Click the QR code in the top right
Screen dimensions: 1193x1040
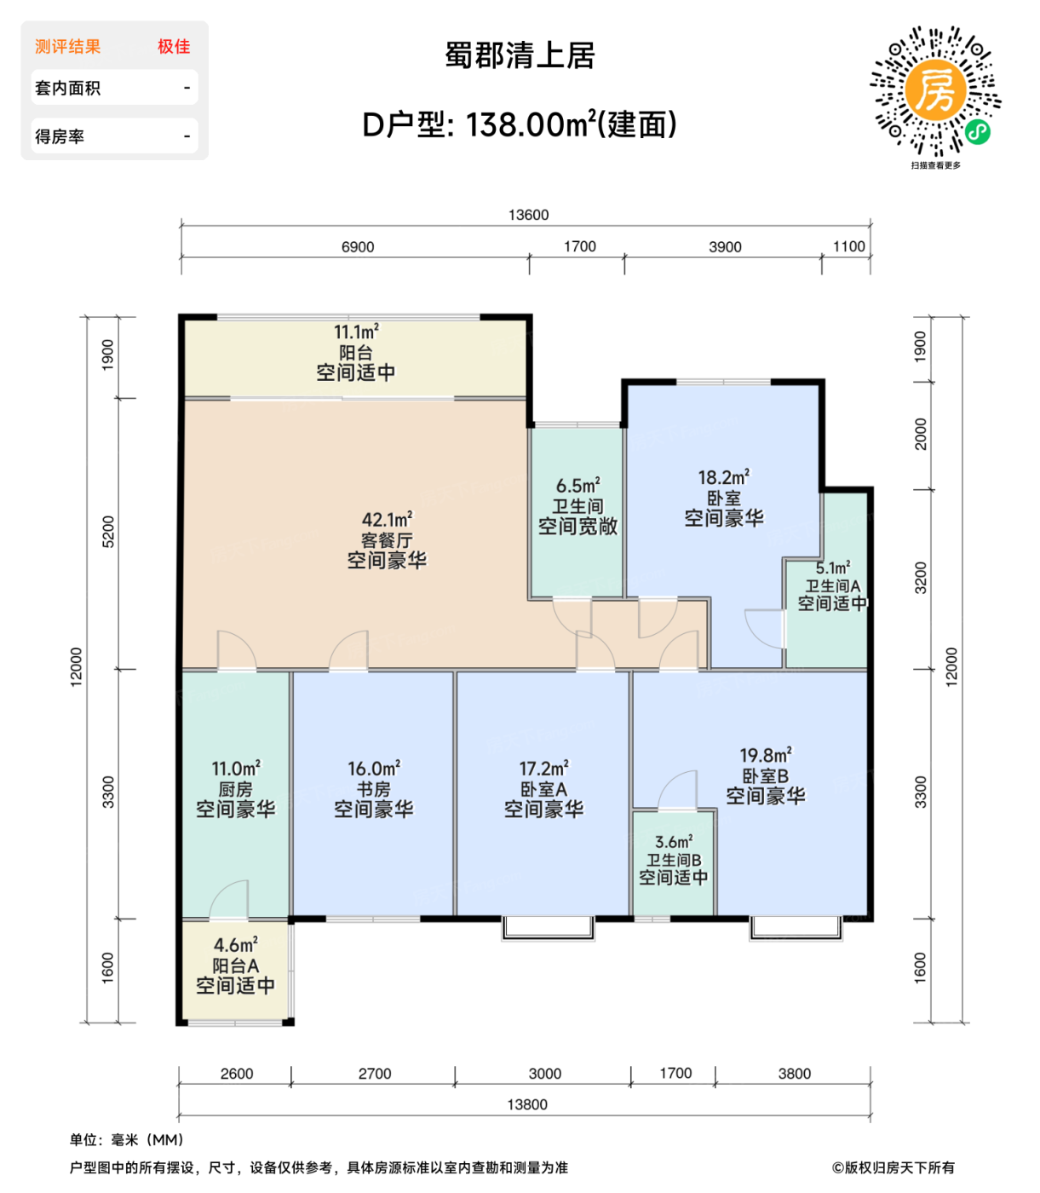click(935, 90)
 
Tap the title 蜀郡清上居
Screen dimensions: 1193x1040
click(520, 56)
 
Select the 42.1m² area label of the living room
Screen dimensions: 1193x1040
click(387, 519)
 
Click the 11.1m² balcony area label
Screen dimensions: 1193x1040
click(356, 332)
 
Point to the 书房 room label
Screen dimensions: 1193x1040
click(373, 789)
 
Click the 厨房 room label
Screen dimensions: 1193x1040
click(236, 789)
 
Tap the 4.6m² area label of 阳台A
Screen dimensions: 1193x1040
click(236, 945)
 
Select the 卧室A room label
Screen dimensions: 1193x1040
click(543, 789)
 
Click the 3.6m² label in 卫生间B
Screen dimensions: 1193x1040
click(673, 842)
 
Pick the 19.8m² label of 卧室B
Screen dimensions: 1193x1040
click(765, 755)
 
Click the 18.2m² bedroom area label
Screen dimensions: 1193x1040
click(724, 477)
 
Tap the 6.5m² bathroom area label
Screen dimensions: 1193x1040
click(577, 486)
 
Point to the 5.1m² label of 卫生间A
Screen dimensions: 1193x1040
click(832, 568)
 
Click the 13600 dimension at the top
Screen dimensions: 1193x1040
click(528, 215)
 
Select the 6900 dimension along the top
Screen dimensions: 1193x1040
click(358, 247)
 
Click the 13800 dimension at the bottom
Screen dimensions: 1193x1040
click(527, 1104)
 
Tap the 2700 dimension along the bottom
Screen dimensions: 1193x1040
click(375, 1074)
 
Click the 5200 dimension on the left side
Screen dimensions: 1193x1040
click(108, 532)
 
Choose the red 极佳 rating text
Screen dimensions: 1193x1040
click(174, 47)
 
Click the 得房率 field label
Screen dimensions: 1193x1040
click(60, 136)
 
